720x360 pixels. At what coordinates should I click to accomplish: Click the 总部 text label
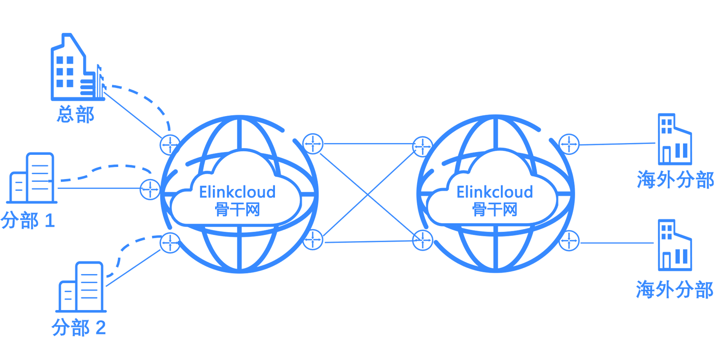(76, 114)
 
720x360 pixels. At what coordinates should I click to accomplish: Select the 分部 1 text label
(27, 220)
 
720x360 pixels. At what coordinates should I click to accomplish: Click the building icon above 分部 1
(31, 178)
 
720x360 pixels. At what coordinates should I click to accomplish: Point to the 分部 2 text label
(79, 328)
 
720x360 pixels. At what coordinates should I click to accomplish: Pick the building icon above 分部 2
(81, 287)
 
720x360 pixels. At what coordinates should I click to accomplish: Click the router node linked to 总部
(170, 145)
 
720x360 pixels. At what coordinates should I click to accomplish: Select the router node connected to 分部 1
(150, 189)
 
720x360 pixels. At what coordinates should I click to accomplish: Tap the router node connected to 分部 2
(170, 243)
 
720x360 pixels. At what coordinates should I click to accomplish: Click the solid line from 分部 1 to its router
(99, 188)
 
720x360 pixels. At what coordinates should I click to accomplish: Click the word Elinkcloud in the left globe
(237, 192)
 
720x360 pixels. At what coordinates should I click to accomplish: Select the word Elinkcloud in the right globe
(495, 192)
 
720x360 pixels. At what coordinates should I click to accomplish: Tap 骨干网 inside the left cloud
(237, 210)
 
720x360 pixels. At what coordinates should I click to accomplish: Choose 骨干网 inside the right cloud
(495, 210)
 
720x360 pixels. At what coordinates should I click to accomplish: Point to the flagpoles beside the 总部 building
(100, 81)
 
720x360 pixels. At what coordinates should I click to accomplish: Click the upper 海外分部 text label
(675, 179)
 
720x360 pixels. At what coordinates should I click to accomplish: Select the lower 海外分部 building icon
(675, 245)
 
